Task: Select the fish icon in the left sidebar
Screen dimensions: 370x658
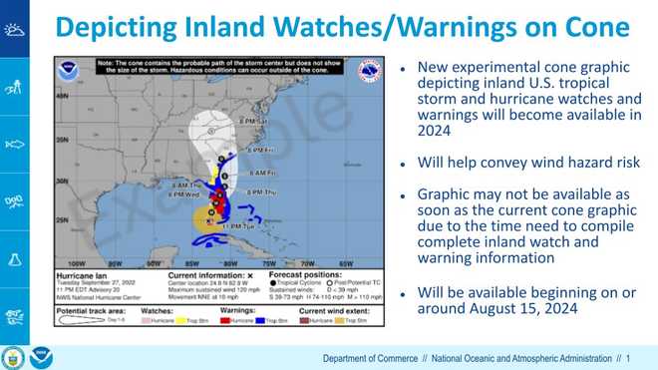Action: pos(15,145)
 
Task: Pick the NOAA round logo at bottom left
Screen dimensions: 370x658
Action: pos(40,355)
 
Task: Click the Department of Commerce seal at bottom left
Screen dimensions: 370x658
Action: pos(14,355)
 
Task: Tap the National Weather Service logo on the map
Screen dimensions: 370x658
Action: pos(369,72)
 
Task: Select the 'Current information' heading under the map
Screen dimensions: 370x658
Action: pos(205,273)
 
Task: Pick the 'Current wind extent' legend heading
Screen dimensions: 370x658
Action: pos(335,312)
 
